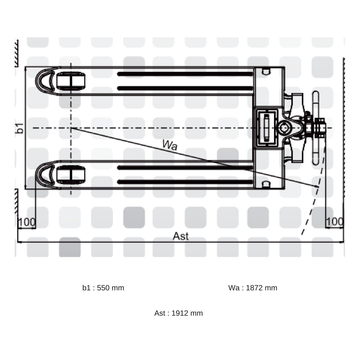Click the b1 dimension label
(x=20, y=128)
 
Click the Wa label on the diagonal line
(x=170, y=145)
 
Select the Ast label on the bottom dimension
(x=180, y=236)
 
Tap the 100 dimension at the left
(x=27, y=222)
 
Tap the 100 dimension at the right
(x=334, y=222)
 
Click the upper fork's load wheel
(x=70, y=81)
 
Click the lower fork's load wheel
(x=70, y=175)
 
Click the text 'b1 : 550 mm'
(x=103, y=288)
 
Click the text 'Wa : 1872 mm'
(x=253, y=288)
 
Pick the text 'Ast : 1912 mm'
(x=178, y=313)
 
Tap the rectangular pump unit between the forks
(x=267, y=128)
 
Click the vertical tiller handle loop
(x=315, y=128)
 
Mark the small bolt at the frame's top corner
(x=265, y=71)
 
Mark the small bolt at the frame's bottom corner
(x=265, y=184)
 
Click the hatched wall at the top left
(x=16, y=53)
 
